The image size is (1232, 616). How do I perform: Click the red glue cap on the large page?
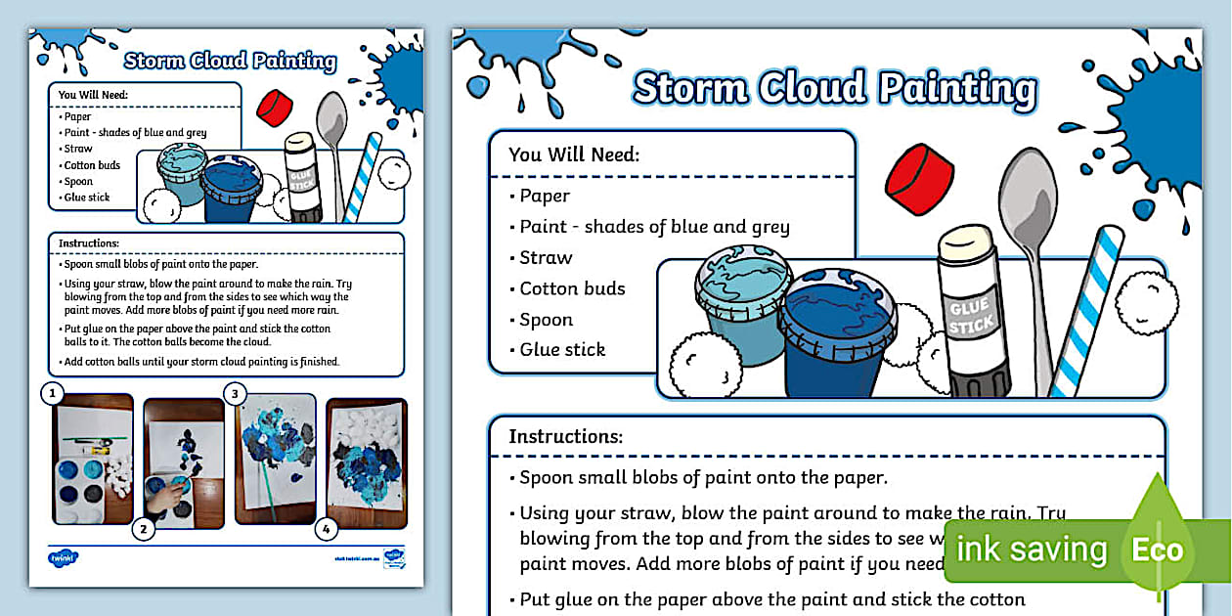pos(919,179)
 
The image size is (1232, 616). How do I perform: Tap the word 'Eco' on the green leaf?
pos(1158,550)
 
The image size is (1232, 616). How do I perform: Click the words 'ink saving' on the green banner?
pos(1031,550)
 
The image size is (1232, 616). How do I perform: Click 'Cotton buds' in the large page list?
pos(572,288)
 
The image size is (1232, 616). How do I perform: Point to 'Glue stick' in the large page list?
pos(562,349)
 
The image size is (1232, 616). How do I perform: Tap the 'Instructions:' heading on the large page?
pos(565,436)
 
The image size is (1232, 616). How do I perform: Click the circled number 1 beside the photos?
pos(51,394)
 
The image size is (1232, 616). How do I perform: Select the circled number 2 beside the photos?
pos(144,530)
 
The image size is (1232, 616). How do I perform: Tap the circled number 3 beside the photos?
pos(235,394)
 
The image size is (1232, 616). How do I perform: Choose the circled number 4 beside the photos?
pos(326,530)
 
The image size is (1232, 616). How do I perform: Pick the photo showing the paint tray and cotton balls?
pos(93,459)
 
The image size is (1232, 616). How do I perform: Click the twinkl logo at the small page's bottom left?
pos(64,557)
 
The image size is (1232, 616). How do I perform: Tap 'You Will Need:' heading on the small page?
pos(94,95)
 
